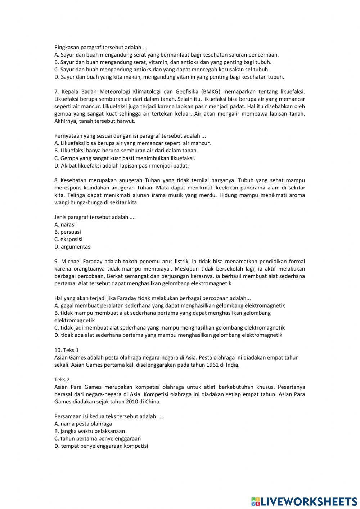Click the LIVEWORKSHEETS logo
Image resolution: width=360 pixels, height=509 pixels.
coord(304,501)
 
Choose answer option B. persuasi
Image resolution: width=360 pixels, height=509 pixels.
coord(68,232)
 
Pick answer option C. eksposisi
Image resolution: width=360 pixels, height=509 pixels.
coord(68,239)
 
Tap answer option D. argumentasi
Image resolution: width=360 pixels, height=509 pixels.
coord(73,247)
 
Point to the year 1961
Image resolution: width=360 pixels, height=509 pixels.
coord(213,365)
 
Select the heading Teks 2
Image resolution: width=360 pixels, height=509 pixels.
coord(62,379)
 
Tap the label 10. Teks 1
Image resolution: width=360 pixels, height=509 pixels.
coord(66,350)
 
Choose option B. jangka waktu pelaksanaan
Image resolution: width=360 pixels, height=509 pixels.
coord(90,431)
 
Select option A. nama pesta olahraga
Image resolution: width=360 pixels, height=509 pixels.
coord(83,424)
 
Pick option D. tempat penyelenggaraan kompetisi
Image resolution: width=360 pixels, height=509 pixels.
coord(101,446)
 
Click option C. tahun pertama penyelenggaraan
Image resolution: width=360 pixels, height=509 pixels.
coord(98,438)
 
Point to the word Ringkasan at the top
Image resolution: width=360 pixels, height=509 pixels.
coord(67,48)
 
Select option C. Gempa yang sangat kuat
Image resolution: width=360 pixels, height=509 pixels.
coord(125,158)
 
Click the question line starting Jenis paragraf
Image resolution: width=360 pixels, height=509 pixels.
coord(95,217)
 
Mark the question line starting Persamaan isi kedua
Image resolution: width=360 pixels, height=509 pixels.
coord(109,416)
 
